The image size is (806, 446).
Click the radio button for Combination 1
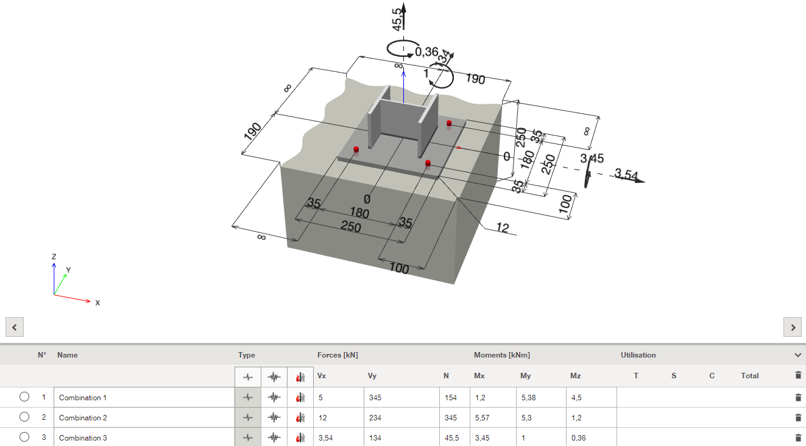point(24,397)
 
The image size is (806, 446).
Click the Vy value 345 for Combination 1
point(376,398)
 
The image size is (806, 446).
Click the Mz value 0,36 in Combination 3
point(578,438)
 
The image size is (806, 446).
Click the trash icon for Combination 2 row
point(798,418)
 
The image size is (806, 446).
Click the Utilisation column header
point(638,355)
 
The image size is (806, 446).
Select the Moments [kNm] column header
point(501,355)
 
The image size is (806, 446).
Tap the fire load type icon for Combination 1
point(300,398)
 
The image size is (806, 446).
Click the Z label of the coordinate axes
point(54,257)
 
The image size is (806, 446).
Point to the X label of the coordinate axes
point(97,303)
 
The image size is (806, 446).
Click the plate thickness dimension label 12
point(502,228)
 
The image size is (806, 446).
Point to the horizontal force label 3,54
point(626,174)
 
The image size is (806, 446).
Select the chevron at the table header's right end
point(798,355)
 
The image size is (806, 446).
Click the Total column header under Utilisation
point(749,376)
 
